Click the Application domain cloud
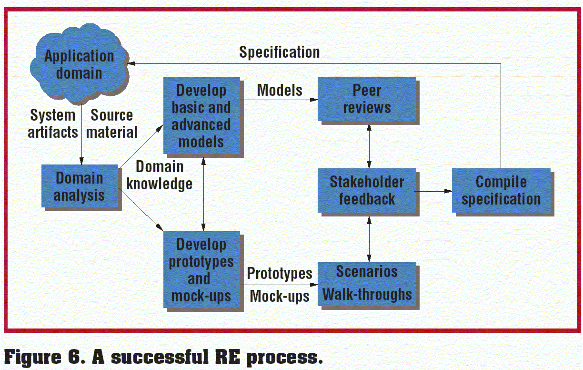pyautogui.click(x=80, y=65)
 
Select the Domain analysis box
pyautogui.click(x=79, y=186)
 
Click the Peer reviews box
pyautogui.click(x=367, y=99)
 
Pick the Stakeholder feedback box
pyautogui.click(x=367, y=190)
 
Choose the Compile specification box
pyautogui.click(x=501, y=190)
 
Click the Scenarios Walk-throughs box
pyautogui.click(x=367, y=283)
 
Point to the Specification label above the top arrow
pyautogui.click(x=280, y=52)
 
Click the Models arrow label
pyautogui.click(x=280, y=90)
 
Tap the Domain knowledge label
pyautogui.click(x=160, y=175)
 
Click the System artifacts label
pyautogui.click(x=52, y=123)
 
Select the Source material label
pyautogui.click(x=112, y=123)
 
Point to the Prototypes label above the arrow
pyautogui.click(x=280, y=273)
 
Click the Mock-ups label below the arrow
pyautogui.click(x=280, y=296)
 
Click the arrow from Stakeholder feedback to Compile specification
pyautogui.click(x=433, y=191)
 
